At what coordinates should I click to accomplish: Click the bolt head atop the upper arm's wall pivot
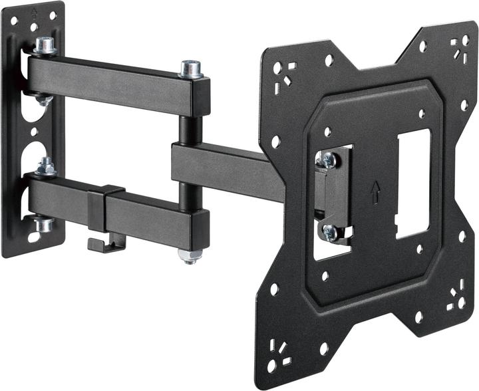[45, 45]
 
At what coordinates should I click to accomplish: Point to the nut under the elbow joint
[189, 255]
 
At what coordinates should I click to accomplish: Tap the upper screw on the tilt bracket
[327, 159]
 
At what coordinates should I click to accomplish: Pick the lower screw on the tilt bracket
[329, 231]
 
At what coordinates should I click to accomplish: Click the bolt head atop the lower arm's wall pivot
[45, 166]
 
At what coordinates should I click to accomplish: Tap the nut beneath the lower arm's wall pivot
[44, 224]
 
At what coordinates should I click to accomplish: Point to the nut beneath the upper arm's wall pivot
[44, 100]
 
